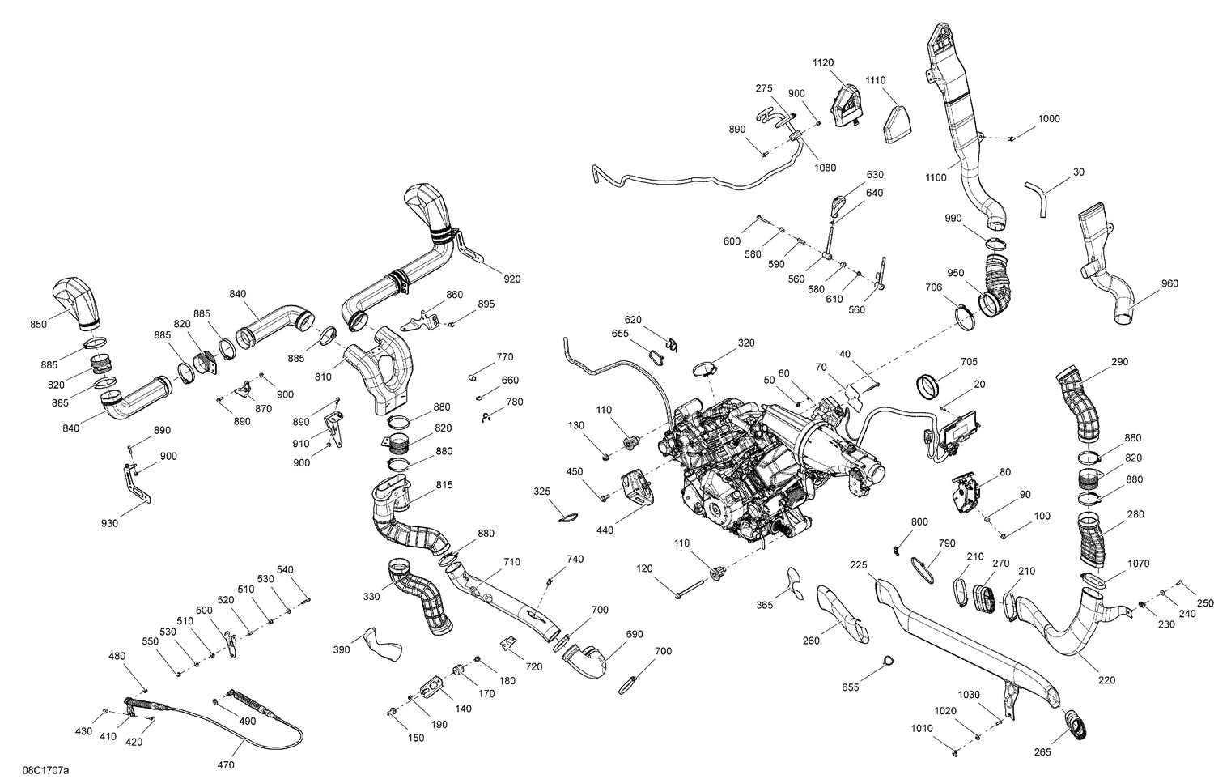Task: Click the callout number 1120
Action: coord(823,62)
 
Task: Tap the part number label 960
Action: coord(1169,283)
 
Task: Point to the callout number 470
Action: coord(226,764)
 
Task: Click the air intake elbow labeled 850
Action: coord(78,303)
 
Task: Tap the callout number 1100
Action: coord(936,177)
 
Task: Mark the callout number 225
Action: coord(859,565)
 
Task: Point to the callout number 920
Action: coord(511,279)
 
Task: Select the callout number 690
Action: coord(634,634)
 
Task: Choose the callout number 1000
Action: coord(1048,118)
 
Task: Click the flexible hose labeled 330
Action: coord(418,595)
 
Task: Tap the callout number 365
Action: coord(764,605)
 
